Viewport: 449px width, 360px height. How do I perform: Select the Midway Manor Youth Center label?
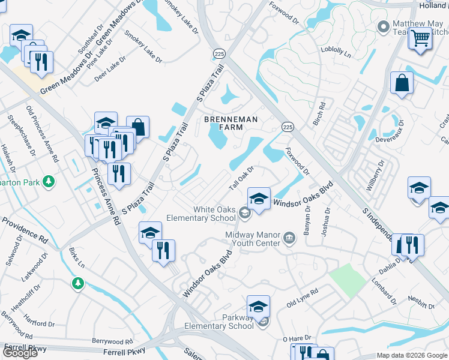coord(253,239)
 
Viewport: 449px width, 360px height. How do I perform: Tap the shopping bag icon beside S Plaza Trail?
coord(137,127)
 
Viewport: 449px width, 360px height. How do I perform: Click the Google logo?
coord(20,352)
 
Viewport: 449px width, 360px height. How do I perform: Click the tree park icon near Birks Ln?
coord(77,283)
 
